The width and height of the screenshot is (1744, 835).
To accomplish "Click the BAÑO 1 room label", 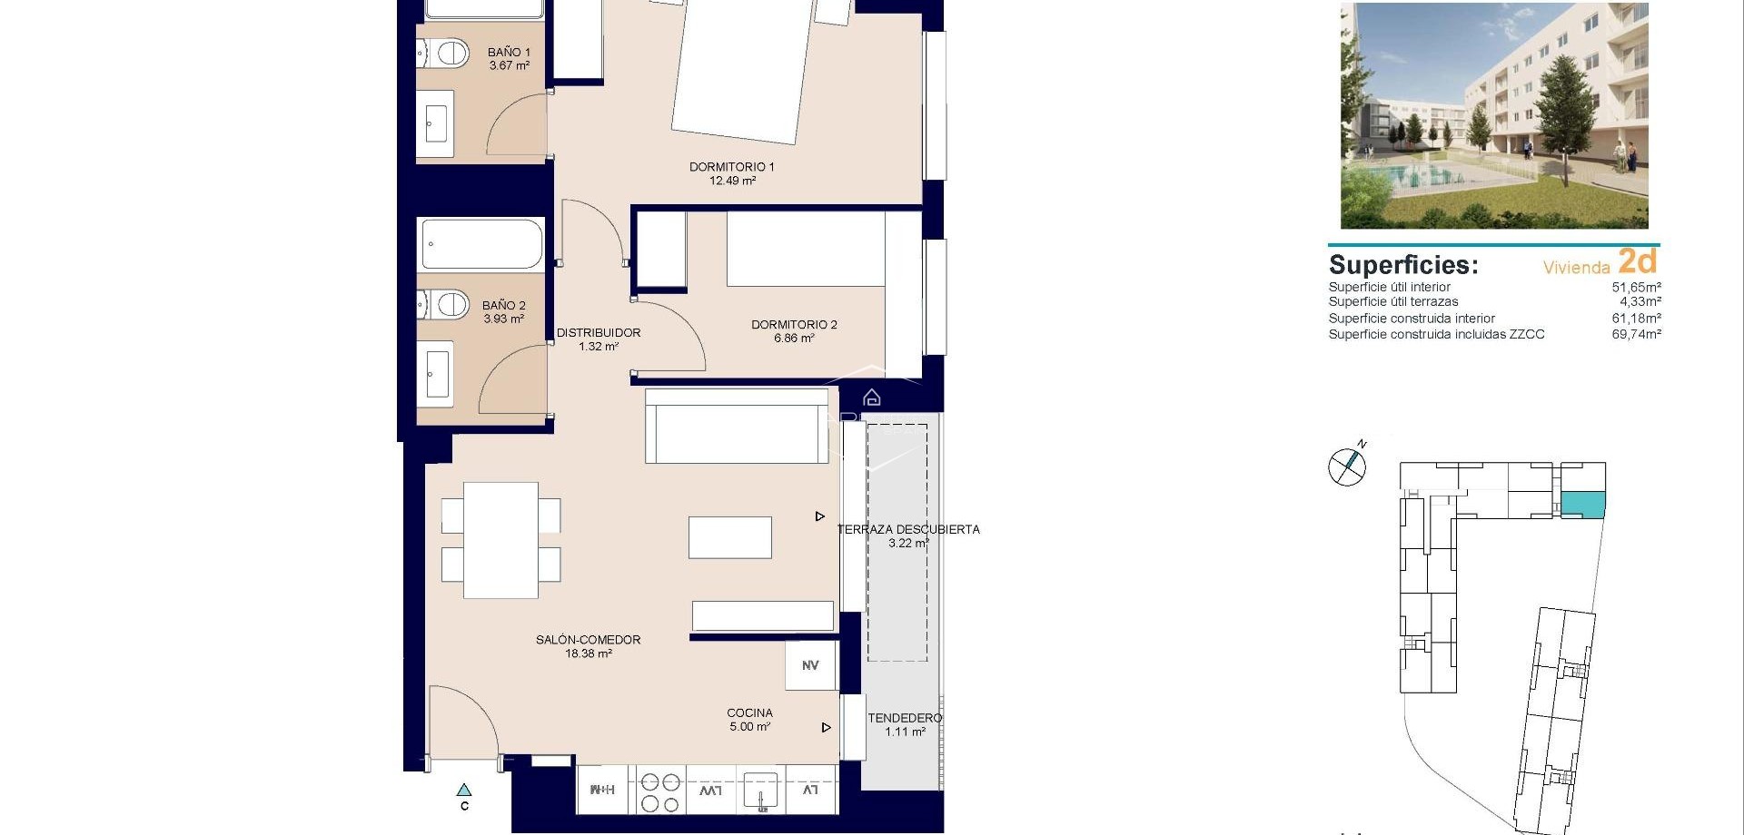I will click(509, 53).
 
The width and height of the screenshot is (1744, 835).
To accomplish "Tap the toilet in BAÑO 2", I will click(445, 304).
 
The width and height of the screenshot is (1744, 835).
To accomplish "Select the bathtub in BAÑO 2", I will click(481, 244).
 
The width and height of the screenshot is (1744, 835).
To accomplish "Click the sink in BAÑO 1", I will click(437, 125).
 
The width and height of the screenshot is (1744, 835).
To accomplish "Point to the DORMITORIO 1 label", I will click(731, 167).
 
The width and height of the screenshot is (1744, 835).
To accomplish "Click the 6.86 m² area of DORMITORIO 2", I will click(794, 339).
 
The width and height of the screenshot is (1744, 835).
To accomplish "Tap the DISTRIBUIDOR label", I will click(599, 333).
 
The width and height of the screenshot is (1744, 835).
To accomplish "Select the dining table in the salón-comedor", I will click(500, 540).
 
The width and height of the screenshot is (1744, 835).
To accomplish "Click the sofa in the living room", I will click(737, 427).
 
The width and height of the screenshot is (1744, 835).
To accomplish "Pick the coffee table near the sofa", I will click(730, 537).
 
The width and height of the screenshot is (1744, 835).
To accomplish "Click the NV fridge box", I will click(810, 665).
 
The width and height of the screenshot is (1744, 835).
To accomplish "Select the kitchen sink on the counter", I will click(760, 791).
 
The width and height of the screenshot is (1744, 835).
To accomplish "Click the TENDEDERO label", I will click(905, 718).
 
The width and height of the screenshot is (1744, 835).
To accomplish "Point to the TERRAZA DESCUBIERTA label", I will click(908, 529).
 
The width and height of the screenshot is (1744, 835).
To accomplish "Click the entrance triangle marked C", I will click(464, 791).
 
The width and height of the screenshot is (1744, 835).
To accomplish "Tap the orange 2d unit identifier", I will click(1638, 261).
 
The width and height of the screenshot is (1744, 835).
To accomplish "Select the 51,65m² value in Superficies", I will click(1636, 287).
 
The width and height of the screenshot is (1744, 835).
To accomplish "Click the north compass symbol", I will click(1347, 467).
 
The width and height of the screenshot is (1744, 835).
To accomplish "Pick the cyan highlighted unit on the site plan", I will click(1583, 503).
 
